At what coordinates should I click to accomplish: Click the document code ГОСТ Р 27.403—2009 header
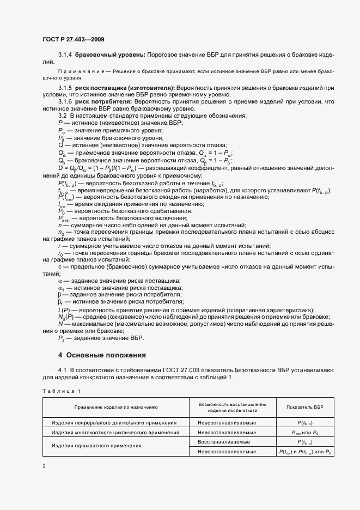(73, 40)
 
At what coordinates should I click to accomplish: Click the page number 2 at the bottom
(44, 466)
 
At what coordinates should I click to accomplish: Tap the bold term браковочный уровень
(109, 56)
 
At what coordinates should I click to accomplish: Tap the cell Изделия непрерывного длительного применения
(114, 422)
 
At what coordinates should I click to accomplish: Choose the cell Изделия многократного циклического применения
(115, 432)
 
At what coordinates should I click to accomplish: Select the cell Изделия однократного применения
(96, 446)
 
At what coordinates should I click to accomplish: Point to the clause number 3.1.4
(65, 56)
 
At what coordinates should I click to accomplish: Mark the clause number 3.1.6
(65, 102)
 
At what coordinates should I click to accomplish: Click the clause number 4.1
(62, 371)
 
